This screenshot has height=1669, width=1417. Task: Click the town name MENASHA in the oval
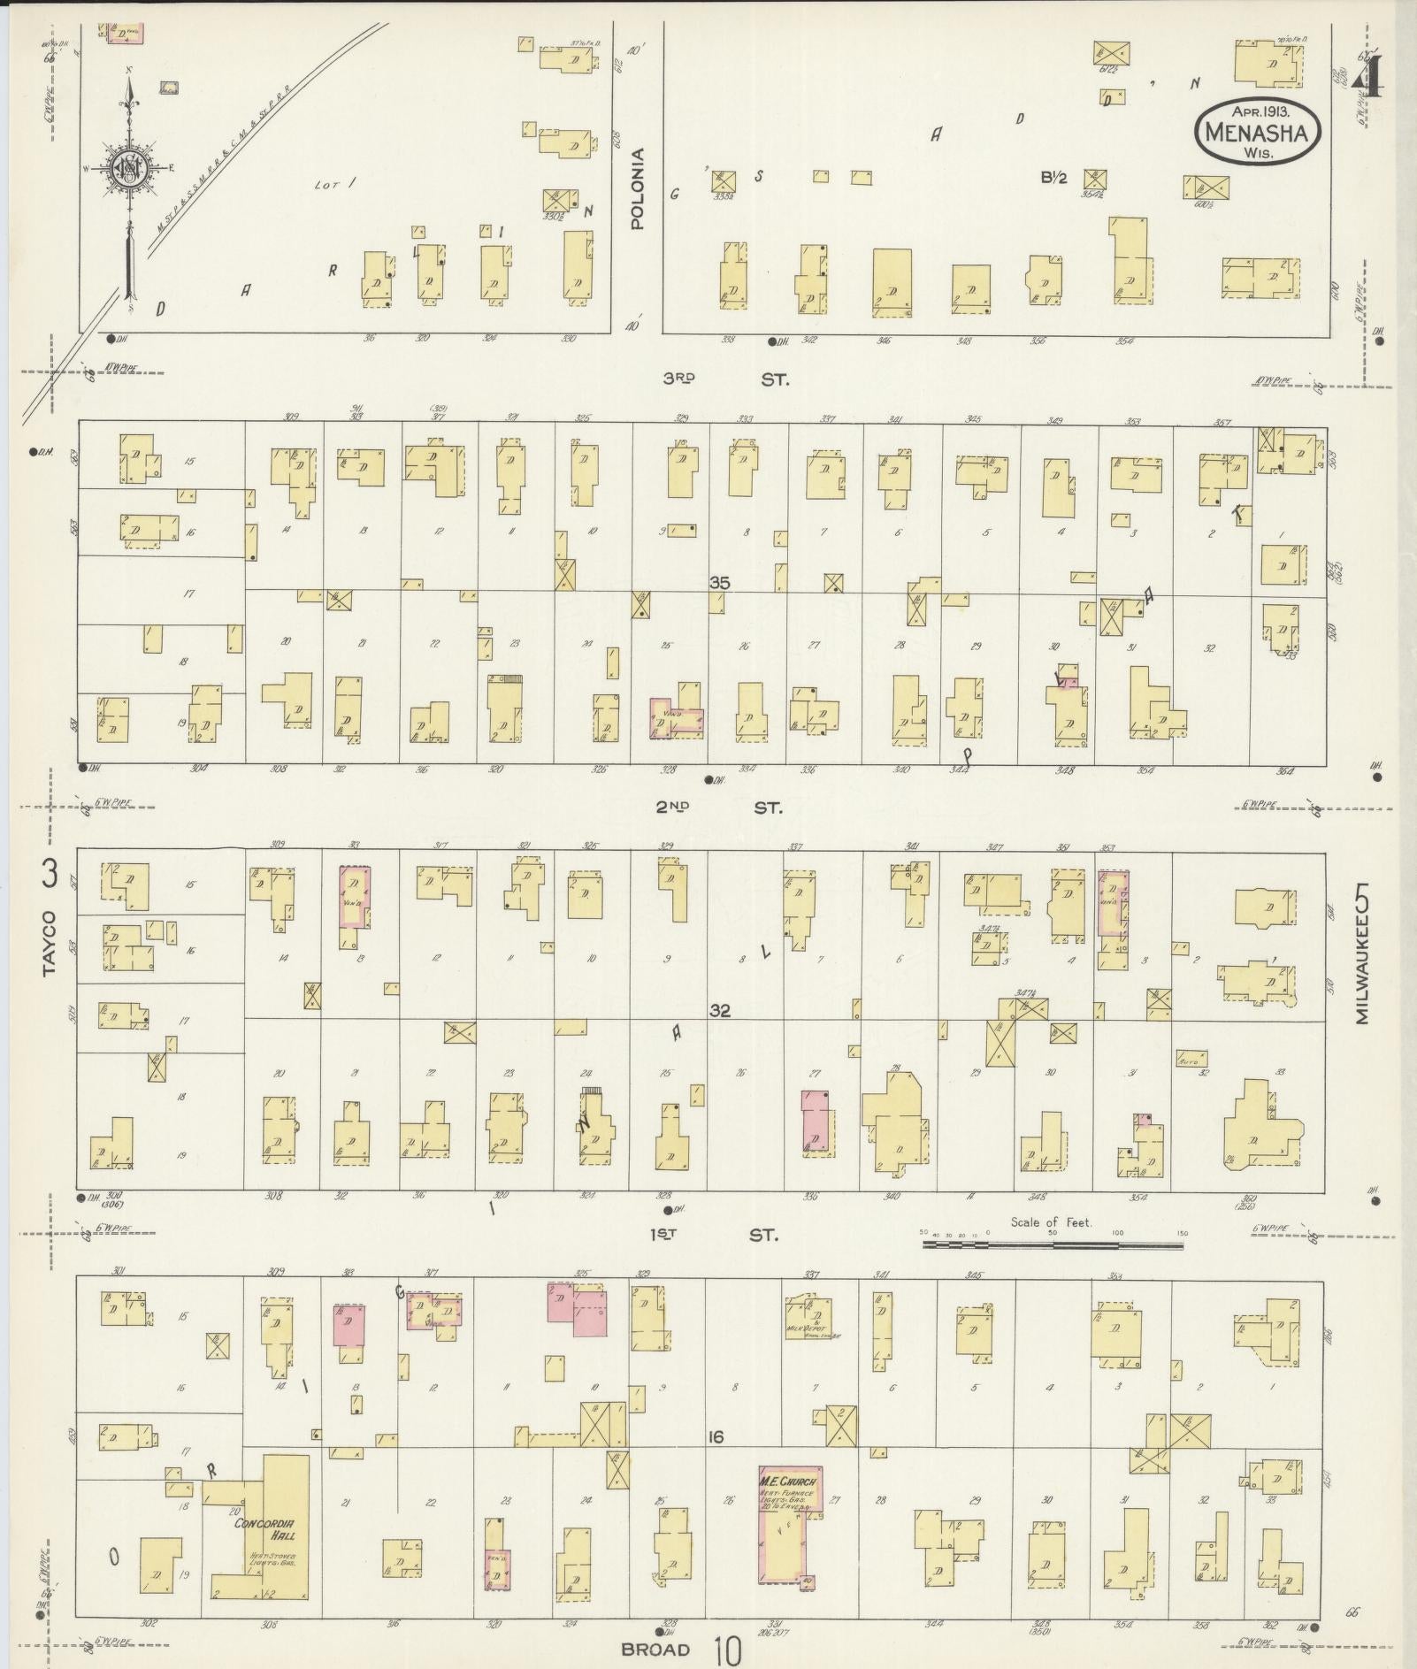tap(1258, 133)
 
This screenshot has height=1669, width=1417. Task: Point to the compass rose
tap(129, 166)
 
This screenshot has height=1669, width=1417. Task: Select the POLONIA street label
tap(638, 189)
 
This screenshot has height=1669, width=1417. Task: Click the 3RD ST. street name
tap(724, 379)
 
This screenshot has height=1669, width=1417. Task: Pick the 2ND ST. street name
tap(722, 808)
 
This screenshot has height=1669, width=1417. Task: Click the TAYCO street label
tap(50, 945)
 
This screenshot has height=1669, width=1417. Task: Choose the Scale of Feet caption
tap(1052, 1222)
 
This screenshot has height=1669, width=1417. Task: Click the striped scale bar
tap(1052, 1244)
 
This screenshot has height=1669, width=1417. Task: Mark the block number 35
tap(720, 582)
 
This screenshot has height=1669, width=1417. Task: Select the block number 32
tap(720, 1010)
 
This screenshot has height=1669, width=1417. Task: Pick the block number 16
tap(715, 1437)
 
